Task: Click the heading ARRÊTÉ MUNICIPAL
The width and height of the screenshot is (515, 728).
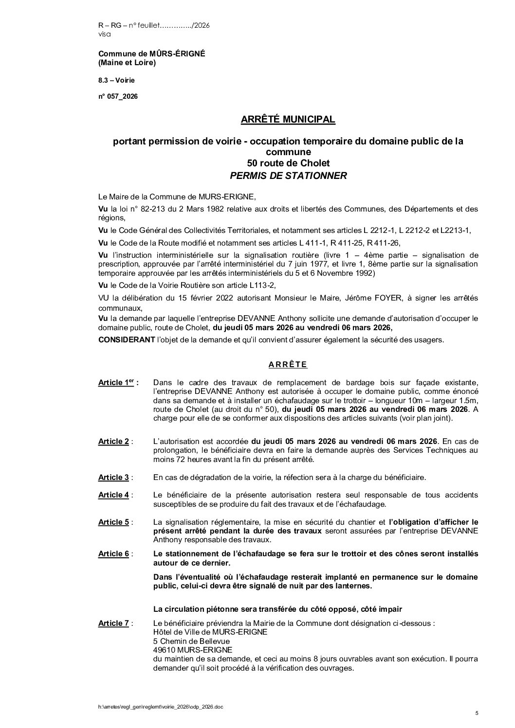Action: [x=288, y=120]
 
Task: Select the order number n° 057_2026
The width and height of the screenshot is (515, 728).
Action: [x=118, y=96]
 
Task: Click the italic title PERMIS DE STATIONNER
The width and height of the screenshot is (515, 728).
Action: [x=288, y=176]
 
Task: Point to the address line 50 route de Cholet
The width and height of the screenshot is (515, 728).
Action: [x=288, y=163]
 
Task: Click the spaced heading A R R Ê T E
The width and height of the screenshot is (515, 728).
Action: [x=288, y=364]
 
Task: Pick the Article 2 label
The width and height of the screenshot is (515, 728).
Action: [x=114, y=442]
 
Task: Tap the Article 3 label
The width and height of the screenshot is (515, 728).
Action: [x=114, y=477]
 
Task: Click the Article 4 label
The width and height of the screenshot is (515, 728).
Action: [x=114, y=495]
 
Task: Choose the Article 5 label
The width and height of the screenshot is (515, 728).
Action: [x=114, y=522]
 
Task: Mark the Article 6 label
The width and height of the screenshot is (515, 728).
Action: [x=114, y=554]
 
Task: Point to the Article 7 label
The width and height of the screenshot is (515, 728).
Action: [x=114, y=623]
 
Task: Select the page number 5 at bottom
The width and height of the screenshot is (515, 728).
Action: [x=477, y=713]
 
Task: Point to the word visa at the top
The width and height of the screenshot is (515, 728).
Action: [x=104, y=35]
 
